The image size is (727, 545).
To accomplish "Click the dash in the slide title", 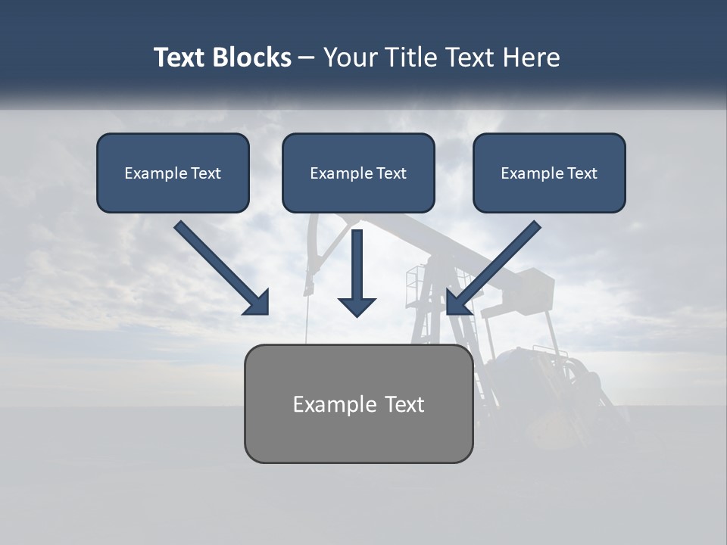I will [x=307, y=58].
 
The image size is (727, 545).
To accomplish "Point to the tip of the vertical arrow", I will [x=357, y=313].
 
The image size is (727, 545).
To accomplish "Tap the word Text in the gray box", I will [x=404, y=404].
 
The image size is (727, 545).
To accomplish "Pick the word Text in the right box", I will [x=582, y=173].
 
